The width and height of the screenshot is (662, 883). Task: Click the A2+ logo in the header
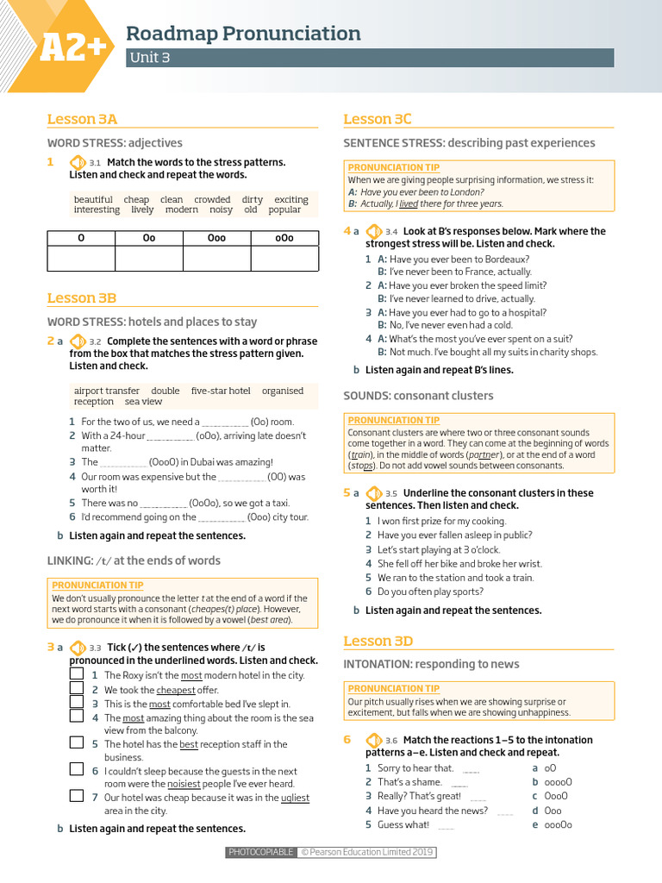point(72,48)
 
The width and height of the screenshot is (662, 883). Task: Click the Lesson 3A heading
point(82,119)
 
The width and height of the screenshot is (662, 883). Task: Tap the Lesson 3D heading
point(378,641)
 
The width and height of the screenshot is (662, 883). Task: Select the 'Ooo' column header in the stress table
point(216,238)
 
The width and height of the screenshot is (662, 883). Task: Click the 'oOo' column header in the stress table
point(284,238)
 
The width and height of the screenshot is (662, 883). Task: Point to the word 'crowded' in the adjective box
point(212,199)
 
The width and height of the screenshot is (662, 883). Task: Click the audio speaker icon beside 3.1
point(77,162)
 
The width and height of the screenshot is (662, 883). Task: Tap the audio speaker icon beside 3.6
point(373,740)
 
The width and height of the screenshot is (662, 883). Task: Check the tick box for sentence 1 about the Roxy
point(77,674)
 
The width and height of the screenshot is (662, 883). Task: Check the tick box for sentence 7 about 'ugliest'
point(77,797)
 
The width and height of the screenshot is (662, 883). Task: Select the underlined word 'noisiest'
point(190,784)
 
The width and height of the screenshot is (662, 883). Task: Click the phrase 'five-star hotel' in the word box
point(221,391)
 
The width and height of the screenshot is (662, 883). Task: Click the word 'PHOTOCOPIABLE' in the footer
point(260,852)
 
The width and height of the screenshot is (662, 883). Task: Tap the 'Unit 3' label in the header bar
point(149,58)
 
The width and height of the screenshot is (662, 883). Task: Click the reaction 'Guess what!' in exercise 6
point(403,824)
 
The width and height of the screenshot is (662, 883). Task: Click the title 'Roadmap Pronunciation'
point(243,34)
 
